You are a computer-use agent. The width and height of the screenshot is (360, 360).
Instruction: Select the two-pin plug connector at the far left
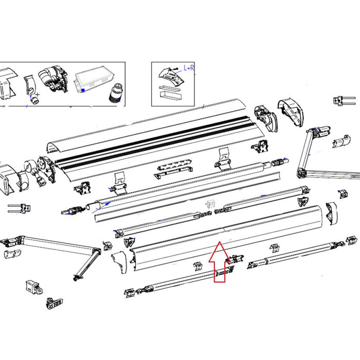pos(16,208)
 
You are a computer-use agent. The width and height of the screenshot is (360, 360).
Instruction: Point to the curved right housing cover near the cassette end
pos(292,113)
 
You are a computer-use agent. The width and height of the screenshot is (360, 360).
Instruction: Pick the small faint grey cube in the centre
pos(210,204)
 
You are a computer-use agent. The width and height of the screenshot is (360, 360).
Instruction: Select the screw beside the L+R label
pos(176,68)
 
